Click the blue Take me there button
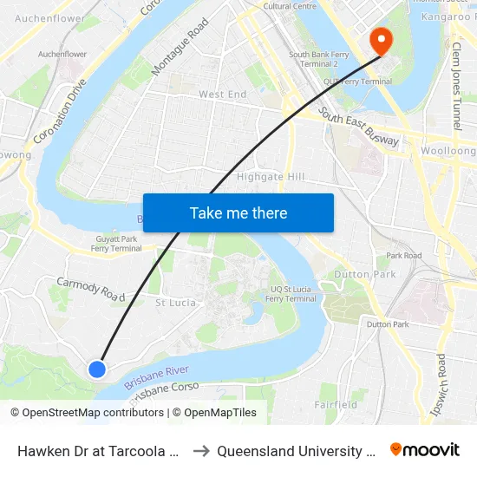point(238,212)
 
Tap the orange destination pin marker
point(380,40)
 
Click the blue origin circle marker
point(97,369)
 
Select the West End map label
point(223,95)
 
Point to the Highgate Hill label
point(271,177)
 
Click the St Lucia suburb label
point(175,303)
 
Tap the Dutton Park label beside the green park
point(371,275)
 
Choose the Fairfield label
point(337,404)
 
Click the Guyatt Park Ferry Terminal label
point(118,243)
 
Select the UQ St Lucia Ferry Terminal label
point(291,293)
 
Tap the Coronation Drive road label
point(61,113)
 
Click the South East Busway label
point(358,127)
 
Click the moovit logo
point(425,450)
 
